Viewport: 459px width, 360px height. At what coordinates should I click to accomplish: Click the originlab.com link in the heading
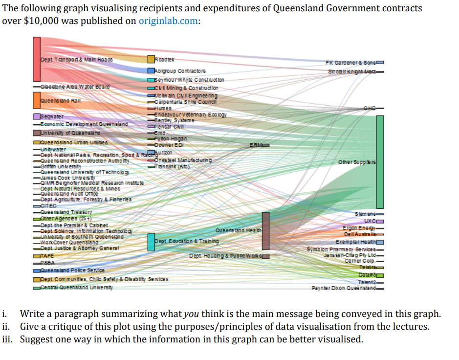(169, 21)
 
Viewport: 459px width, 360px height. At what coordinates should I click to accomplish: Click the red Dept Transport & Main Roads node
(37, 59)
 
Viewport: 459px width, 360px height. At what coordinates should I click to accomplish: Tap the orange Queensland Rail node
(37, 100)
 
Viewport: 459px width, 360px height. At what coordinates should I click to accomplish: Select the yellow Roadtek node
(151, 59)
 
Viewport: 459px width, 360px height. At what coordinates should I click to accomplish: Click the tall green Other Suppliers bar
(380, 161)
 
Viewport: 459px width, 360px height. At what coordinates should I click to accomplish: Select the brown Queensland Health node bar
(265, 231)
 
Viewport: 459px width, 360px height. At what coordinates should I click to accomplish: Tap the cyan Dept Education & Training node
(151, 242)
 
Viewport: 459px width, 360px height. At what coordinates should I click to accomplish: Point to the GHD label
(370, 108)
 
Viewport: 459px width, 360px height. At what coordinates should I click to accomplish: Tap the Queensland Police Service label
(72, 270)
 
